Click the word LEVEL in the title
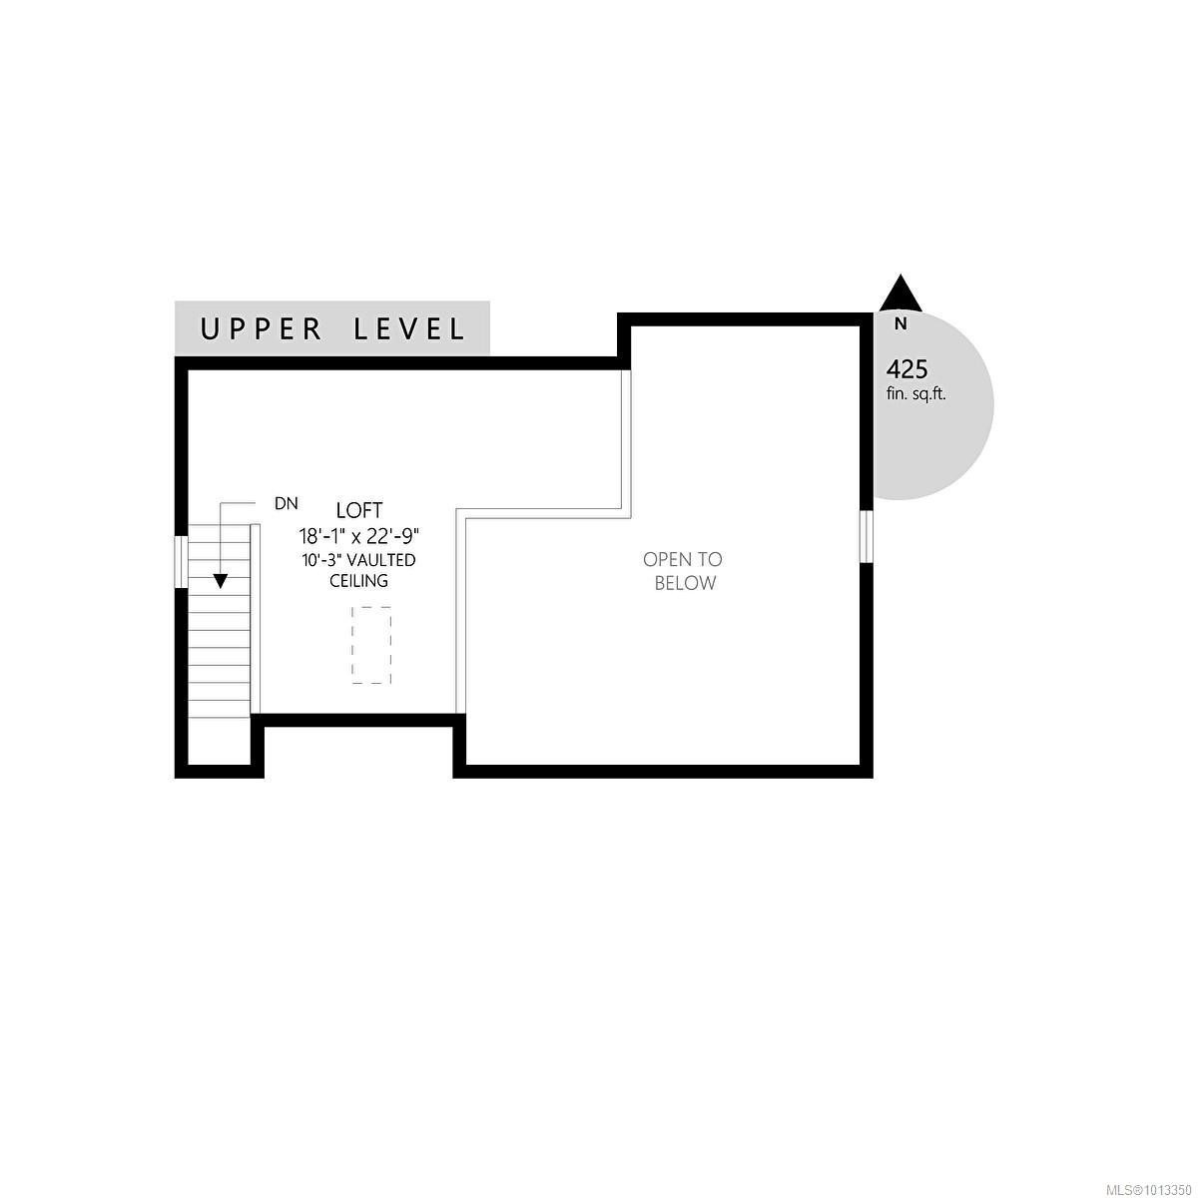pos(410,328)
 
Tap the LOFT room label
pos(359,510)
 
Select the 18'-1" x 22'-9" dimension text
pos(359,535)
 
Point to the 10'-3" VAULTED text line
pos(359,560)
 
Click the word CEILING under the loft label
pos(359,581)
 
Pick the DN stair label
pos(287,504)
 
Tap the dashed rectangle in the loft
pos(370,645)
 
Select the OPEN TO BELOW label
pos(684,571)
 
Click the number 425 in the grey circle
pos(906,369)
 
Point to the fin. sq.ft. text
pos(916,394)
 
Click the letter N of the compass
pos(900,323)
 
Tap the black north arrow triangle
pos(900,294)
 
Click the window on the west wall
pos(182,562)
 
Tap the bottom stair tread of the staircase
pos(219,708)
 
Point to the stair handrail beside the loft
pos(256,619)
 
